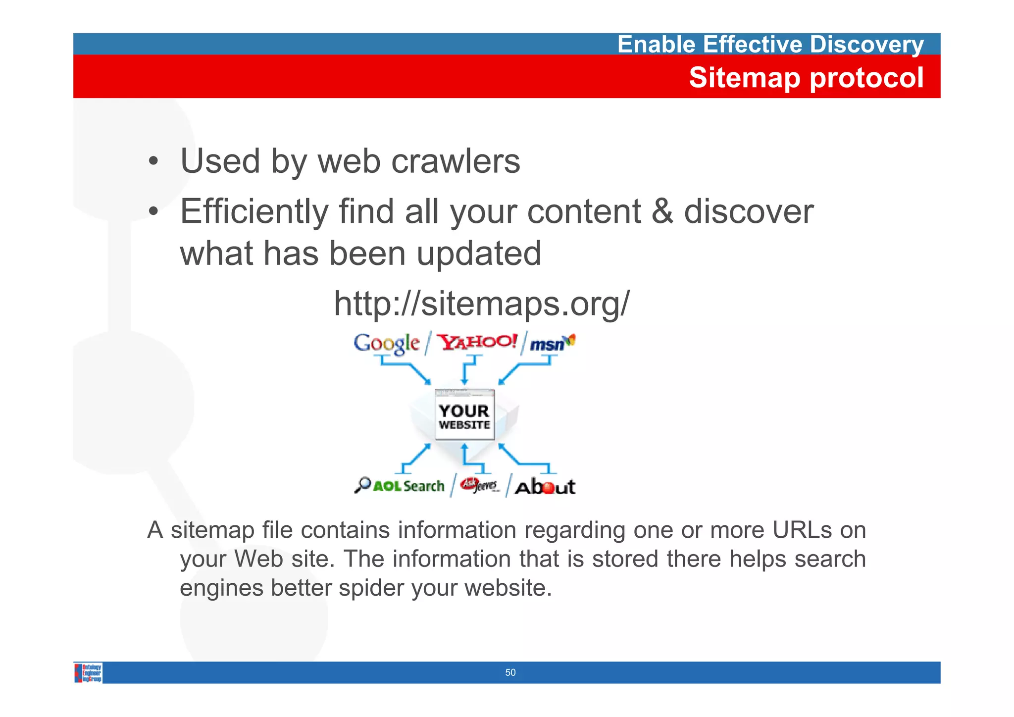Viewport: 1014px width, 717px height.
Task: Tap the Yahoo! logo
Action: point(478,342)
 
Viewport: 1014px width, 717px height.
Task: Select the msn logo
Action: point(551,343)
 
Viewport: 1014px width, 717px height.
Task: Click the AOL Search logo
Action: point(400,486)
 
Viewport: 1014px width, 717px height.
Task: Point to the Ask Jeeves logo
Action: point(479,485)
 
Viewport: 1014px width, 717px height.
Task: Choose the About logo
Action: point(545,487)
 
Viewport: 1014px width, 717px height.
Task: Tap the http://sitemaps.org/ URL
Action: point(481,303)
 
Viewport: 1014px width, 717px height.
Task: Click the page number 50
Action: point(510,672)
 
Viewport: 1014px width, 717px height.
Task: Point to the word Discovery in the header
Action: point(866,45)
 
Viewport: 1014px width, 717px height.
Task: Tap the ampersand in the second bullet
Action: point(662,211)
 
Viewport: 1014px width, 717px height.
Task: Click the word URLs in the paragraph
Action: point(801,530)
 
